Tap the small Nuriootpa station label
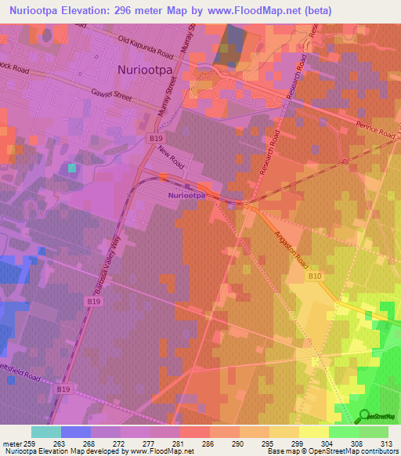(187, 194)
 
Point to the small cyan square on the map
(72, 168)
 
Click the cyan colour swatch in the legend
(46, 432)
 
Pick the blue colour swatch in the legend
(76, 432)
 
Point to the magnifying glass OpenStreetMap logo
(364, 415)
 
